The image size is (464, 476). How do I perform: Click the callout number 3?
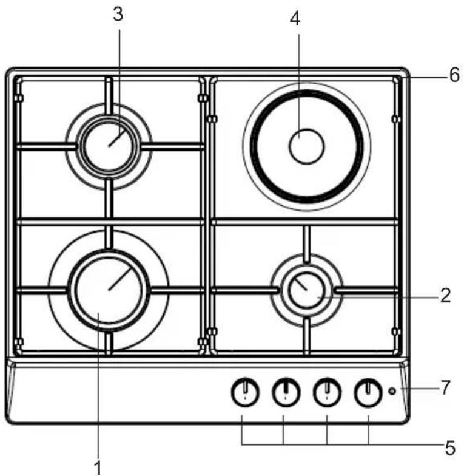pos(118,15)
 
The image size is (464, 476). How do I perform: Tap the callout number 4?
pos(295,19)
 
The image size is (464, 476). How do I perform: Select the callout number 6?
pos(454,75)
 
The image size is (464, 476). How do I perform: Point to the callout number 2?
pos(445,295)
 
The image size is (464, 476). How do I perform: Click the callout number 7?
pos(445,387)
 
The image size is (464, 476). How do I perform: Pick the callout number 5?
pos(450,448)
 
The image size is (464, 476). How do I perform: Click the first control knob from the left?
pos(245,392)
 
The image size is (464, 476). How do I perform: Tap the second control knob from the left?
pos(286,392)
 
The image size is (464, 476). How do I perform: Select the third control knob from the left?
pos(327,392)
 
